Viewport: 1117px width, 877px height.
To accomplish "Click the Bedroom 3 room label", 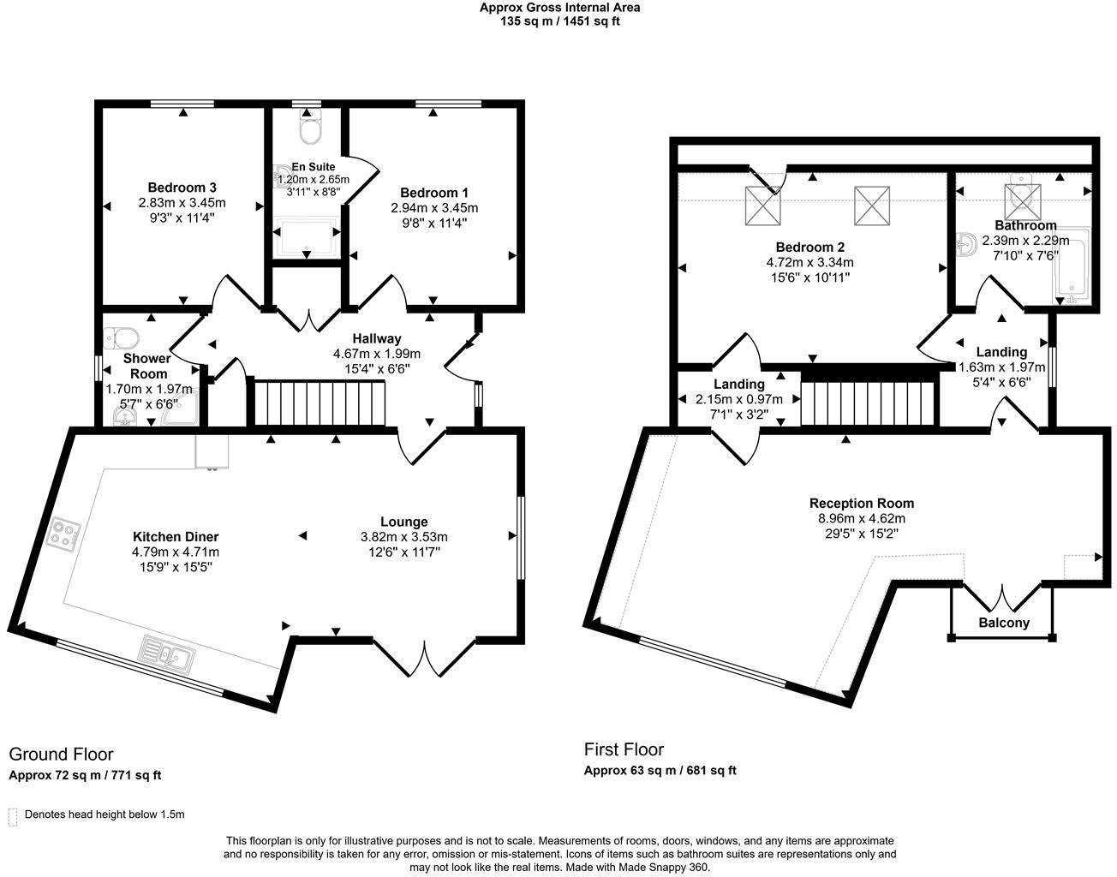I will point(182,188).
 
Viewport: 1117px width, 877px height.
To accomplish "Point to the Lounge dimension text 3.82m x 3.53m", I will point(403,537).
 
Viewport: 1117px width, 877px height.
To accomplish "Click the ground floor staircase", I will point(319,403).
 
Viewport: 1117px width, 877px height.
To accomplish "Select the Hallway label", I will point(376,338).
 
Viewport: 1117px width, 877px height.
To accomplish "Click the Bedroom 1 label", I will point(434,193).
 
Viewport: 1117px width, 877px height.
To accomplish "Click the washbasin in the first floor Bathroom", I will point(966,245).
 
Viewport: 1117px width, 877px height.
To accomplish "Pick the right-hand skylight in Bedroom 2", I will point(871,206).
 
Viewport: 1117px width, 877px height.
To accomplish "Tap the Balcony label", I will point(1003,623).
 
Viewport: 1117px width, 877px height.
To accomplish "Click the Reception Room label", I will point(861,503).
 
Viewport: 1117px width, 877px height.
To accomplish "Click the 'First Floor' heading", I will point(624,749).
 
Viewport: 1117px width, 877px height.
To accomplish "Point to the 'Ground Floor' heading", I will point(61,754).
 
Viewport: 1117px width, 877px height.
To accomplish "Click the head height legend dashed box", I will point(13,815).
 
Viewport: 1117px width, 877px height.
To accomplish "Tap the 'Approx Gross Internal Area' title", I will point(559,8).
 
